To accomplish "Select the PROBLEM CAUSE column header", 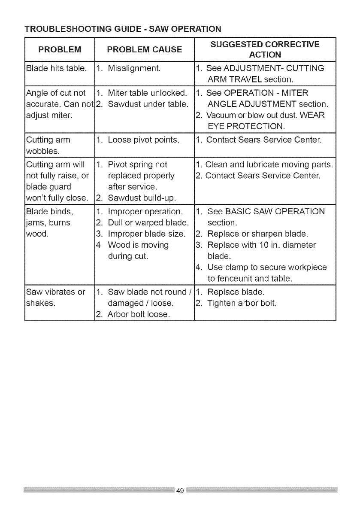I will (x=144, y=49).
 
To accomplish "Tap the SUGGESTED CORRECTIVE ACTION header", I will (x=265, y=49).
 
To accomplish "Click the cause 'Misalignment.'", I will (x=134, y=68).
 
